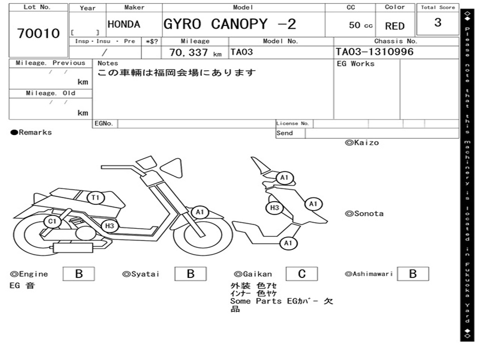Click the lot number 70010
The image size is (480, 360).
[x=38, y=33]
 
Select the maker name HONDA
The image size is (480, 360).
[x=124, y=24]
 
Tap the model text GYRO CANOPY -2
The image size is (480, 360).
[x=230, y=24]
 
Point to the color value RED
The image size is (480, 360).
[x=395, y=26]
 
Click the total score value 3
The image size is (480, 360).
[x=437, y=22]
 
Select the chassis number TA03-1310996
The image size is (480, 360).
[x=375, y=52]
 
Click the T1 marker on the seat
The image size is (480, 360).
[x=96, y=198]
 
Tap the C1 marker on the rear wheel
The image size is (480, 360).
[x=52, y=221]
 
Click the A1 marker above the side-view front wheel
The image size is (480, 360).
[x=200, y=212]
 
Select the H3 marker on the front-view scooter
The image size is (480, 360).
[x=275, y=208]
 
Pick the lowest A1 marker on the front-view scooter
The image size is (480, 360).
[x=288, y=243]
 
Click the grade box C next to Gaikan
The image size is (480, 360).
[x=301, y=274]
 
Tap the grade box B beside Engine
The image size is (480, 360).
[x=78, y=274]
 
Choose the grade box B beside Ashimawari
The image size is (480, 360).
[x=412, y=274]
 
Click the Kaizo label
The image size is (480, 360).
[x=361, y=142]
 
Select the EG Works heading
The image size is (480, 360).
[x=356, y=64]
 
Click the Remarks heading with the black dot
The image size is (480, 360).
[x=31, y=133]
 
